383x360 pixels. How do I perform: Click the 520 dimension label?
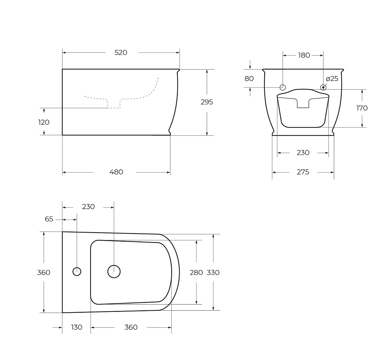click(121, 53)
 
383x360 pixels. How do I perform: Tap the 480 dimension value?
click(116, 172)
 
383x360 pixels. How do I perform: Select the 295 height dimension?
click(207, 102)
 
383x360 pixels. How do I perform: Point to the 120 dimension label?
click(44, 122)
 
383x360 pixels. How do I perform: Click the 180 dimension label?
click(304, 55)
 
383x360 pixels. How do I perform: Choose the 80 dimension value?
click(249, 79)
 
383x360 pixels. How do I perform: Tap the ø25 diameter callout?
click(332, 79)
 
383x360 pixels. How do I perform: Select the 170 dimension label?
click(362, 108)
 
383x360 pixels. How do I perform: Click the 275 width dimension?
click(303, 172)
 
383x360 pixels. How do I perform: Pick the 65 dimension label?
click(49, 219)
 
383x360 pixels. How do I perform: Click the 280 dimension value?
click(196, 273)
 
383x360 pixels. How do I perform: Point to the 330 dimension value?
click(213, 273)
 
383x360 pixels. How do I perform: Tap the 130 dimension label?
click(77, 327)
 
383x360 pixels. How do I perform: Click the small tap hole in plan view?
click(77, 268)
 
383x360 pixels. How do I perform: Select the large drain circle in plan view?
click(114, 265)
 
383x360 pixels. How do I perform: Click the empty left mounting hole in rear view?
click(283, 84)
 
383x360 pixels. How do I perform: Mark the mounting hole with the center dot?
click(323, 87)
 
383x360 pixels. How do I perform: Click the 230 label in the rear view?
click(303, 153)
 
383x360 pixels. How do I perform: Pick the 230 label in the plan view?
click(88, 207)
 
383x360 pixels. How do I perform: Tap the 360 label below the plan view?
click(131, 327)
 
